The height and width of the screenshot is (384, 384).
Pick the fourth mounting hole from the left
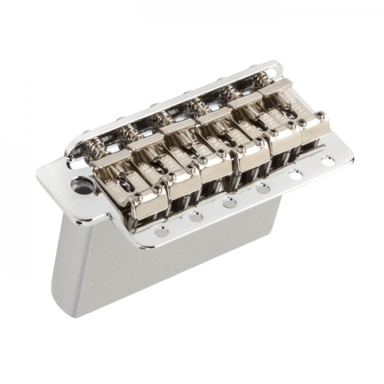(x=263, y=188)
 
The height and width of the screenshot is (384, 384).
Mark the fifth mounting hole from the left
(x=296, y=174)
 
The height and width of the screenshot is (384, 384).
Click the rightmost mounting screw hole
(x=328, y=161)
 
